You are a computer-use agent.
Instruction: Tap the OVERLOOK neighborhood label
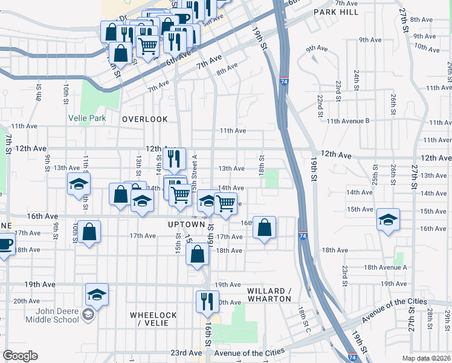[x=144, y=119]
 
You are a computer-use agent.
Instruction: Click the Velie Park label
[x=88, y=119]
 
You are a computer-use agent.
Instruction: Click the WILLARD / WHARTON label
[x=270, y=295]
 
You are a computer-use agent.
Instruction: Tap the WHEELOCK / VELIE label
[x=153, y=319]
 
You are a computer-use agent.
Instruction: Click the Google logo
[x=19, y=356]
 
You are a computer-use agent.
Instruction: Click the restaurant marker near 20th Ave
[x=207, y=301]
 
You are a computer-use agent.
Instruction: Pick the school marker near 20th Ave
[x=97, y=294]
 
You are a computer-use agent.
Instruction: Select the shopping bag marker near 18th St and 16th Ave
[x=264, y=227]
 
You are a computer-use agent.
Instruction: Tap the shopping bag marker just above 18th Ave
[x=198, y=253]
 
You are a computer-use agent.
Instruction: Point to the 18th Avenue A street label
[x=386, y=267]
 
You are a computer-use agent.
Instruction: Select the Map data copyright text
[x=427, y=358]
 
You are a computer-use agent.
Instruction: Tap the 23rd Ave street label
[x=186, y=353]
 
